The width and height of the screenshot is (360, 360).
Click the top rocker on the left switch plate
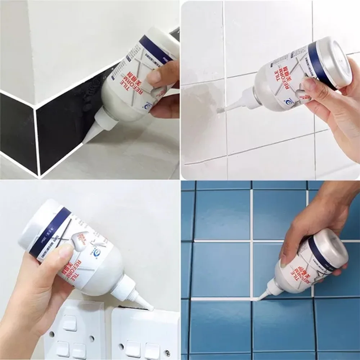(69, 323)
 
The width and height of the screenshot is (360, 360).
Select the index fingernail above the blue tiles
(284, 259)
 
